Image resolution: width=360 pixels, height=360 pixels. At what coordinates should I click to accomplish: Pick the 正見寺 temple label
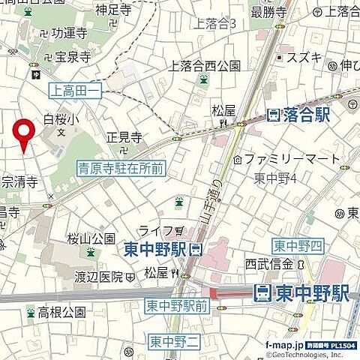click(x=124, y=137)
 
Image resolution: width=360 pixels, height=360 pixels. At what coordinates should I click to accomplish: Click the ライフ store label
click(x=155, y=229)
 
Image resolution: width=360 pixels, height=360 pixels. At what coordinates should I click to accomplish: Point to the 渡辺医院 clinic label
click(x=98, y=276)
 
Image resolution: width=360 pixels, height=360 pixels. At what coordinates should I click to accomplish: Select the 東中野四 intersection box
click(x=297, y=247)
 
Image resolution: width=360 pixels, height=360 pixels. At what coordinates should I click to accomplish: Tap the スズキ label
click(x=308, y=57)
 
